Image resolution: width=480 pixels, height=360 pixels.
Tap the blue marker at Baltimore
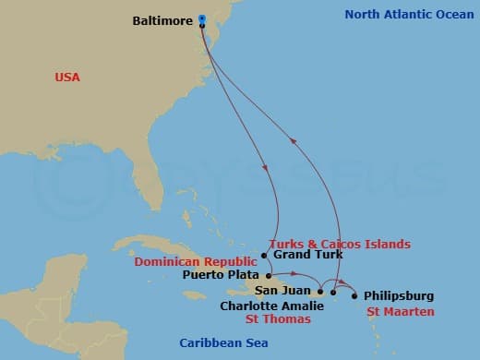pos(201,17)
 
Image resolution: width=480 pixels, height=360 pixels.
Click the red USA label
pos(68,78)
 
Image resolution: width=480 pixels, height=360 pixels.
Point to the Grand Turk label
pos(309,254)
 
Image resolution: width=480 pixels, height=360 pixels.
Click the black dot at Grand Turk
pos(265,255)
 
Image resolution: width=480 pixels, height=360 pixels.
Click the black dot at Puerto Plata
pos(269,275)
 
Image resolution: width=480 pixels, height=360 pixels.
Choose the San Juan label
pos(282,291)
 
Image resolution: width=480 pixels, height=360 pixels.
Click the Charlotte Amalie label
pos(272,305)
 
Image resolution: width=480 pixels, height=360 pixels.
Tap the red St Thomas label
pos(277,319)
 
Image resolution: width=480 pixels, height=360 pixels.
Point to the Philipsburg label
pos(399,296)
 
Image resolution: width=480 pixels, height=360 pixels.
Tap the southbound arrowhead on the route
pos(266,168)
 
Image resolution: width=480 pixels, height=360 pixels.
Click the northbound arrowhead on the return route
pos(294,140)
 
